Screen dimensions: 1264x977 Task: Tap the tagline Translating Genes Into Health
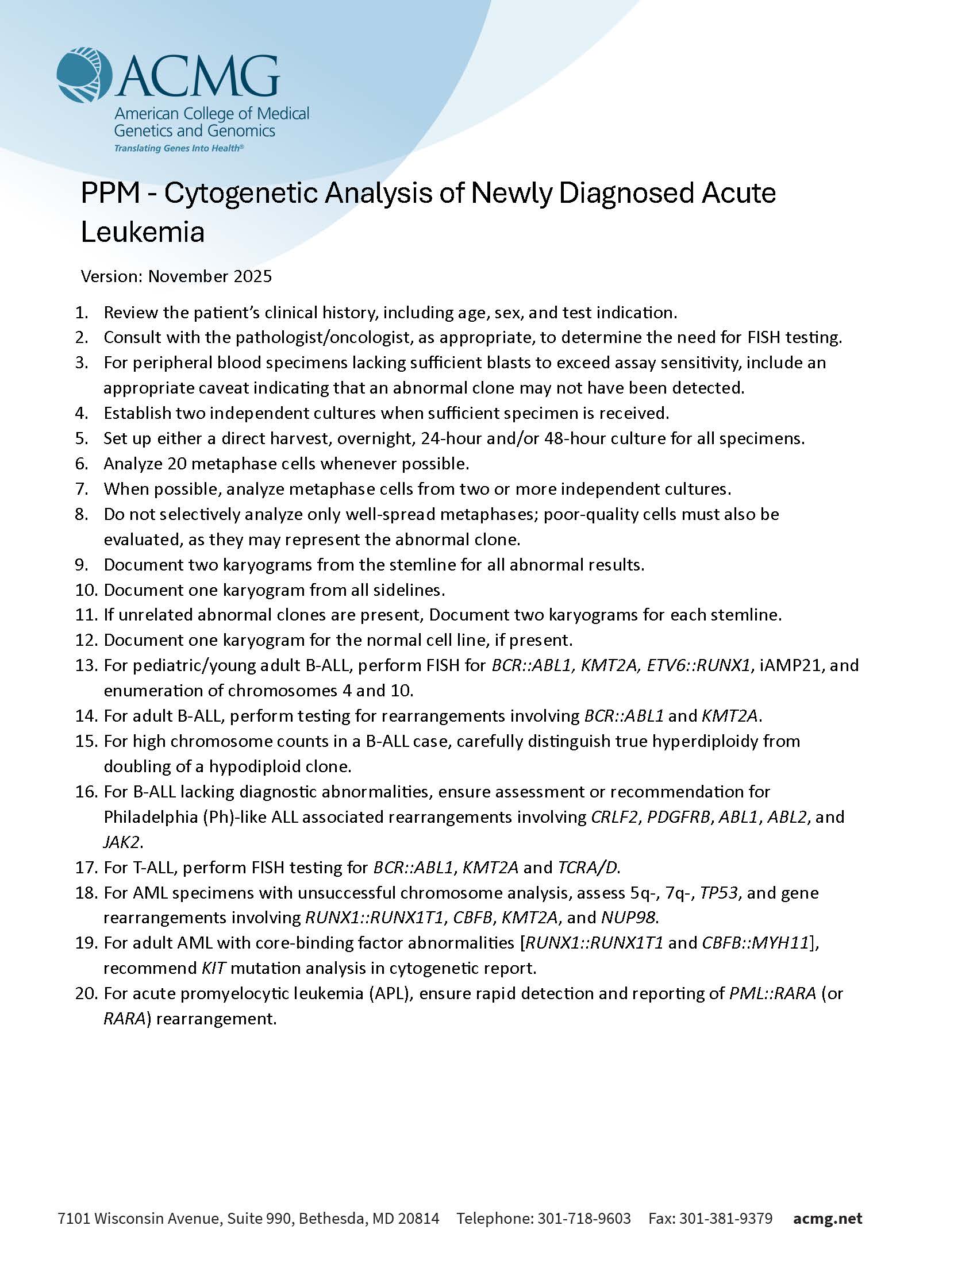[x=178, y=148]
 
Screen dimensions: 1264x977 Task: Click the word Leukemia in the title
[x=143, y=232]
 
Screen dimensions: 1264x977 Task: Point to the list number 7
[x=82, y=489]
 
